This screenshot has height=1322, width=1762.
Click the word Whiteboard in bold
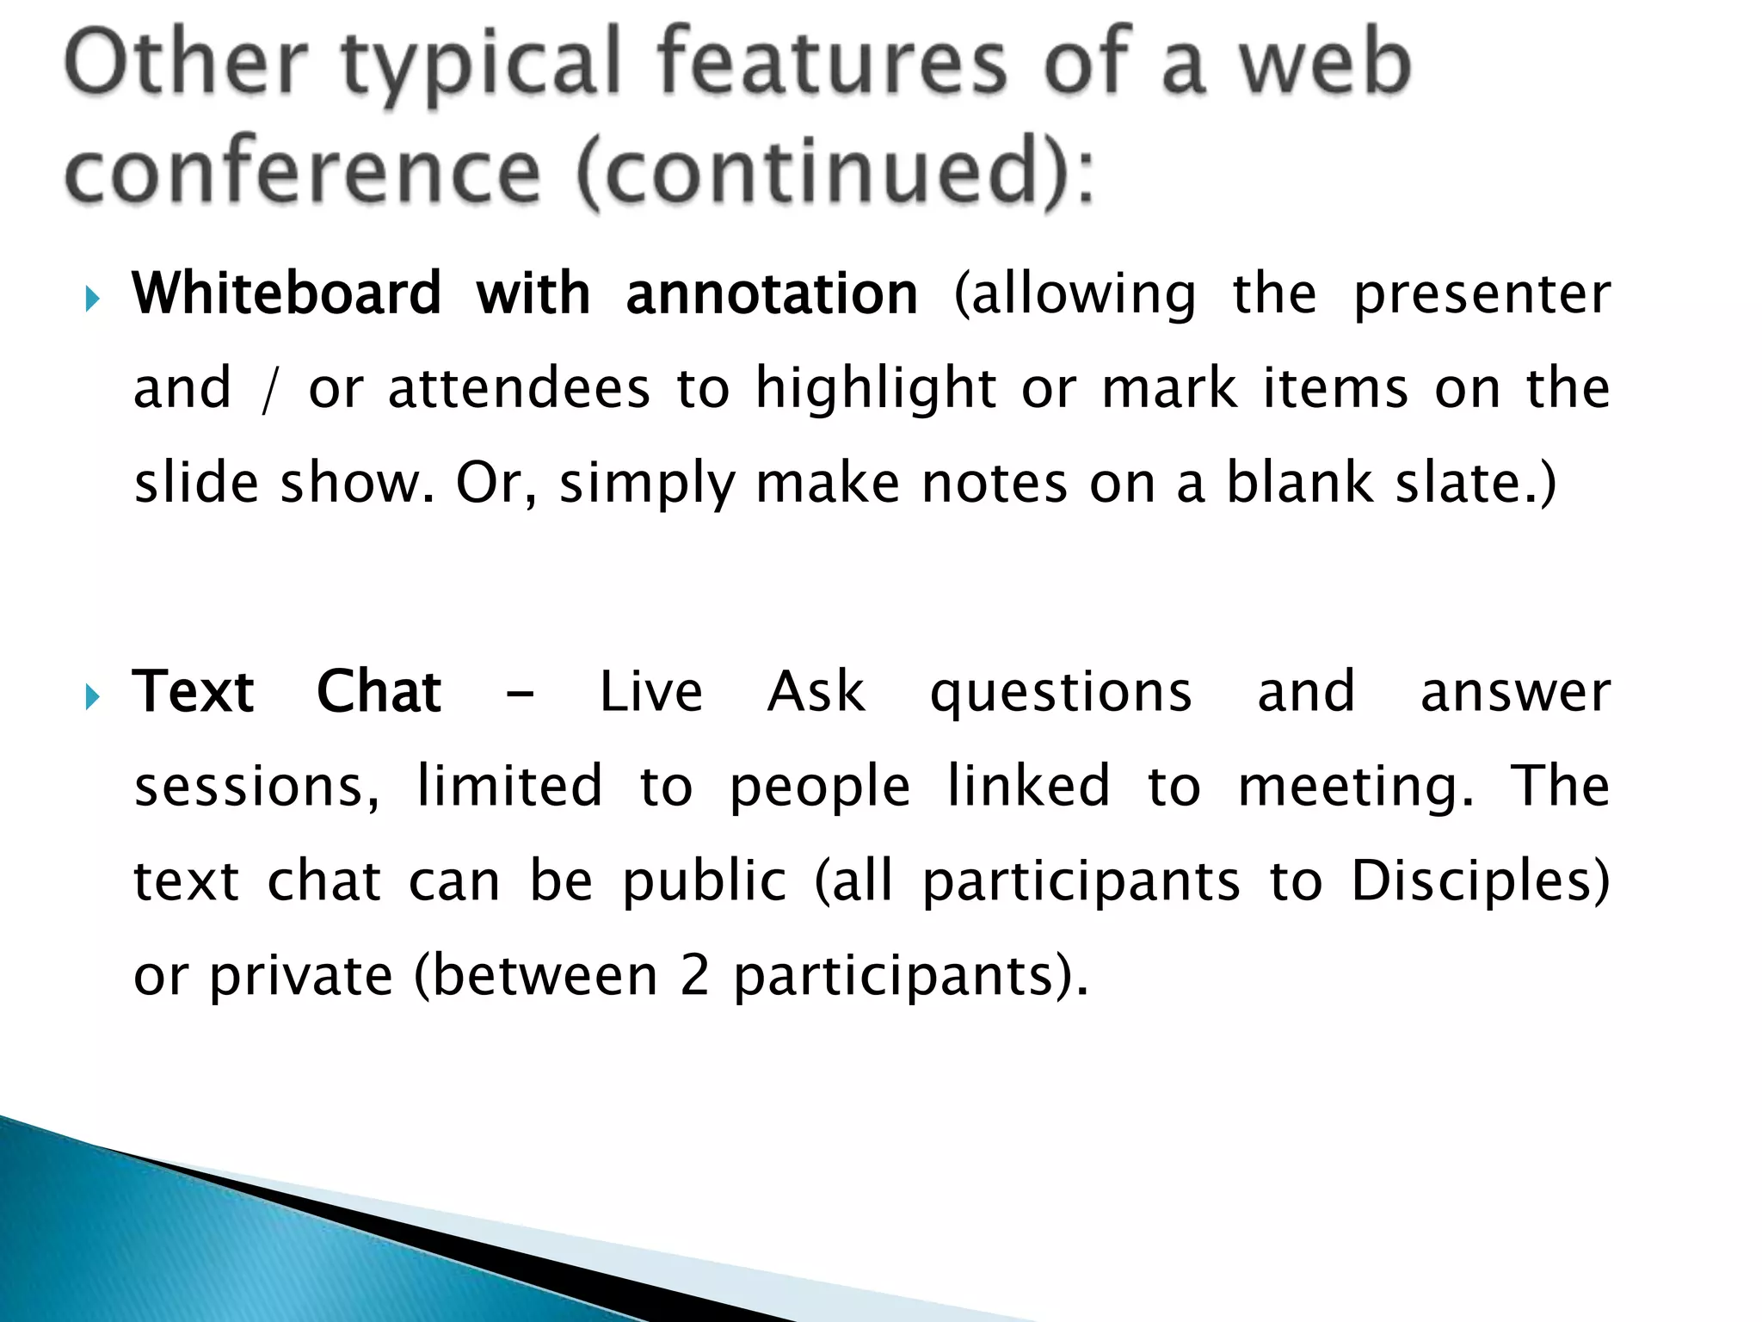286,294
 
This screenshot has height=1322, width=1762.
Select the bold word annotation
772,294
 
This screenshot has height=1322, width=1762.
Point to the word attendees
519,389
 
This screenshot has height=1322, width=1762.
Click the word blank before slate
1299,482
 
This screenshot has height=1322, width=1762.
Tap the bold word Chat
379,692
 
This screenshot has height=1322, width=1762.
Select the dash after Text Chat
521,694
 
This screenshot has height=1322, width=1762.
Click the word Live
651,692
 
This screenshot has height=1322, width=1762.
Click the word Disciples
1479,882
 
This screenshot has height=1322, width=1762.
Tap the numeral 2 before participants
694,976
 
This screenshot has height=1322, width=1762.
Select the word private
301,978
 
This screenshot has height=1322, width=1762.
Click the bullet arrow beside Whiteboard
94,300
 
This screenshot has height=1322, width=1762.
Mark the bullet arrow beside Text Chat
94,697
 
